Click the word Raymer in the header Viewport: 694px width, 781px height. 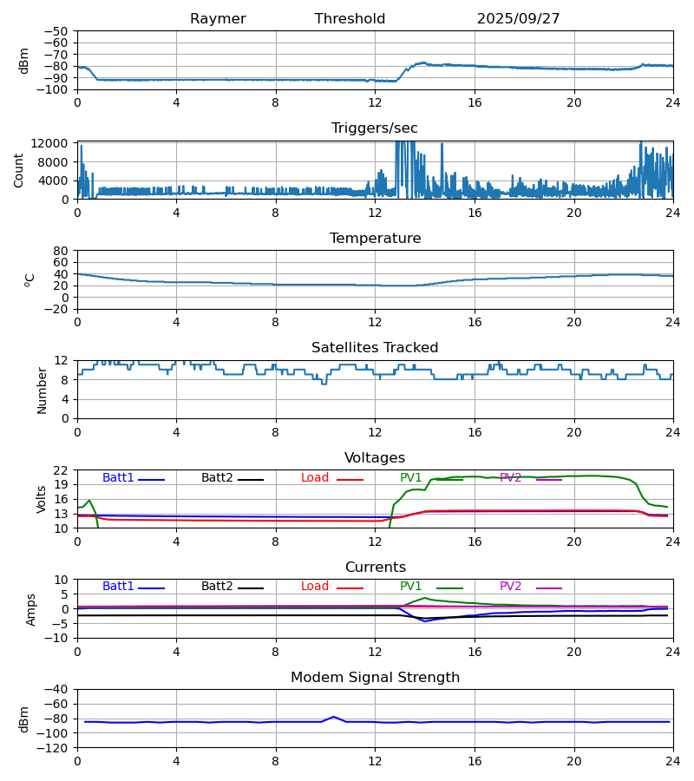click(x=218, y=19)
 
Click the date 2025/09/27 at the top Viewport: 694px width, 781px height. click(x=518, y=19)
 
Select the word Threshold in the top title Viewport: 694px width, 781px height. click(x=350, y=19)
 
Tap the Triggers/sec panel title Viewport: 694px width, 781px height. click(x=374, y=128)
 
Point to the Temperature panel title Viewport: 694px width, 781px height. click(x=375, y=239)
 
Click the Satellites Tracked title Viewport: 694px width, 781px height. click(x=375, y=348)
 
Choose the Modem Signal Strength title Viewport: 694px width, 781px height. click(x=375, y=678)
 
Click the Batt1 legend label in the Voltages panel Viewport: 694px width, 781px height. click(x=118, y=478)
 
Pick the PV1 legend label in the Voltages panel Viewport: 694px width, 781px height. click(x=410, y=478)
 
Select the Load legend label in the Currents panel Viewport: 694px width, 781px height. click(x=315, y=587)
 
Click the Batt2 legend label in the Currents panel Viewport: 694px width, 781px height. click(x=217, y=587)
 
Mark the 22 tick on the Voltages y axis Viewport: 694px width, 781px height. click(x=62, y=470)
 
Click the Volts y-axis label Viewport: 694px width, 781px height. click(x=42, y=499)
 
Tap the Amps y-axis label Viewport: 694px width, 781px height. click(x=32, y=609)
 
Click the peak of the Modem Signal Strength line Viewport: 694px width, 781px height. click(x=333, y=717)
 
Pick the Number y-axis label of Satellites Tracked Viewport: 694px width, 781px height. click(x=42, y=390)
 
